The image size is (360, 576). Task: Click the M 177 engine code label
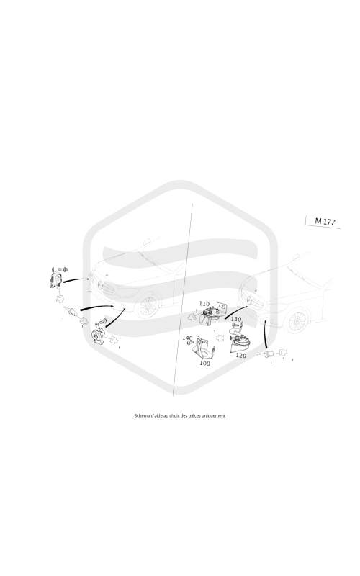(325, 222)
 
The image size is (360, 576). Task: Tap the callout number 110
(204, 304)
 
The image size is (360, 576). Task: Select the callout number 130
(236, 319)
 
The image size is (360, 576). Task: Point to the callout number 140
(187, 338)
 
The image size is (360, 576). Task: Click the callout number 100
(204, 364)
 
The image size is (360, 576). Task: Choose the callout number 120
(241, 356)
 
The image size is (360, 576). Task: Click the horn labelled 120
(239, 343)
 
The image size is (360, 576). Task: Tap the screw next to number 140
(190, 343)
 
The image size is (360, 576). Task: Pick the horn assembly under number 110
(210, 315)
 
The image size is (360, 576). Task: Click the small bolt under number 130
(235, 325)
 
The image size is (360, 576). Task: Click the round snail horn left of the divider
(98, 336)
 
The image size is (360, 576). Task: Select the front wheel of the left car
(148, 306)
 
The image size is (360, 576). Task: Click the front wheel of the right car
(297, 321)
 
